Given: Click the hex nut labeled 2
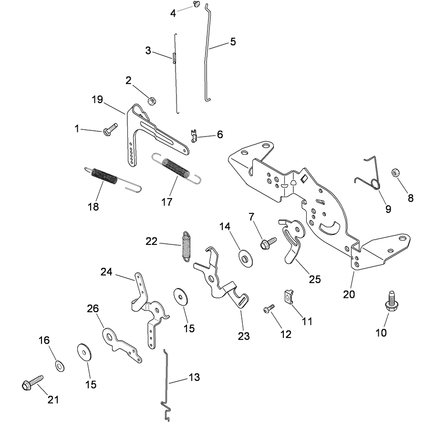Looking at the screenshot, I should point(150,100).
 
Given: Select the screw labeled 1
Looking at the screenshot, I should point(110,129).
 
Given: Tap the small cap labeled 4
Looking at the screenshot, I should point(196,4).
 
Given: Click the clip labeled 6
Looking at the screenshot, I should point(194,136).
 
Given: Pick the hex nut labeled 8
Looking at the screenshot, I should point(395,172).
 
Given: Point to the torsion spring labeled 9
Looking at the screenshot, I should point(371,177).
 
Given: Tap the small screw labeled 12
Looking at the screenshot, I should point(269,309).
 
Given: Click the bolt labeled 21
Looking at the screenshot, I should point(32,382).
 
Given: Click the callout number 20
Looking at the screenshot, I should point(349,295).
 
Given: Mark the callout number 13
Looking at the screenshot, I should point(194,378).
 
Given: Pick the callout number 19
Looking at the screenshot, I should point(97,100).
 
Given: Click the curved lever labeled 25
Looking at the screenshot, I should point(292,243).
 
